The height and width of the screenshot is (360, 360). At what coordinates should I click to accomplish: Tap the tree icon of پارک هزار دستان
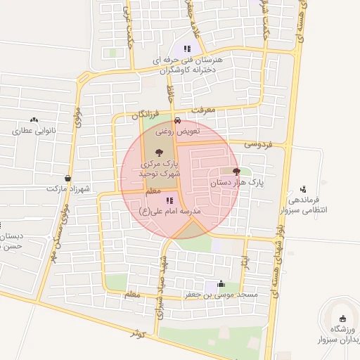coord(236,171)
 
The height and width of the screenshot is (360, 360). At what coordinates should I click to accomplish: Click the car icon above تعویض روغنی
coord(177,120)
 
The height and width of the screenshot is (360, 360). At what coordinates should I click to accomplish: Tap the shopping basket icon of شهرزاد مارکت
coord(67,179)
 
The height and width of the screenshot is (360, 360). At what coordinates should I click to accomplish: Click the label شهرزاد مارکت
coord(68,189)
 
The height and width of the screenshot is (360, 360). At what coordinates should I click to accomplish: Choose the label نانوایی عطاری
coord(34,131)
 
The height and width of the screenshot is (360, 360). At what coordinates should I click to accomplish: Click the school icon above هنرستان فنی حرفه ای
coord(187,49)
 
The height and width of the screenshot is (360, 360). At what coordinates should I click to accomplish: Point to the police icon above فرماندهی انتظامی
coord(303,188)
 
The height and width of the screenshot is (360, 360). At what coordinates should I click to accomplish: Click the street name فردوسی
coord(257,143)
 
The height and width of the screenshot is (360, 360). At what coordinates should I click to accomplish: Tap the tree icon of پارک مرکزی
coord(160,151)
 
